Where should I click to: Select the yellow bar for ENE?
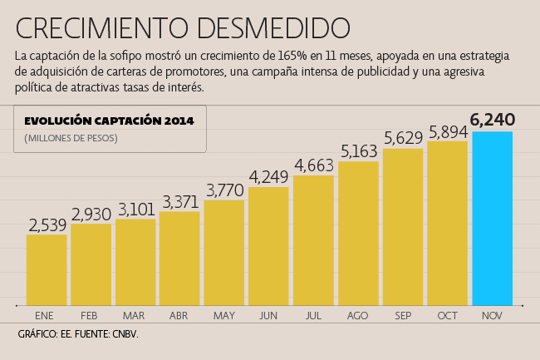click(47, 268)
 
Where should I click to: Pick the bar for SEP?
click(403, 225)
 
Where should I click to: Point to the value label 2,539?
click(47, 224)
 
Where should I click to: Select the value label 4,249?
click(268, 176)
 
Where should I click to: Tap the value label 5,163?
click(358, 151)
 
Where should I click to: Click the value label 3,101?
click(135, 209)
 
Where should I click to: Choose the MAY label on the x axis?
click(224, 316)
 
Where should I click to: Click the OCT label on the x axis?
click(447, 316)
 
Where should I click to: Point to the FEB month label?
click(90, 316)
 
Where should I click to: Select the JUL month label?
click(313, 316)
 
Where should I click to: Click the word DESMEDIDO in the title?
click(273, 27)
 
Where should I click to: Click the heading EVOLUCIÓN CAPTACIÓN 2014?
click(109, 121)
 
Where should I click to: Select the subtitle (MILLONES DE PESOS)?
click(71, 136)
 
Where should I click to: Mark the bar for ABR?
click(179, 257)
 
